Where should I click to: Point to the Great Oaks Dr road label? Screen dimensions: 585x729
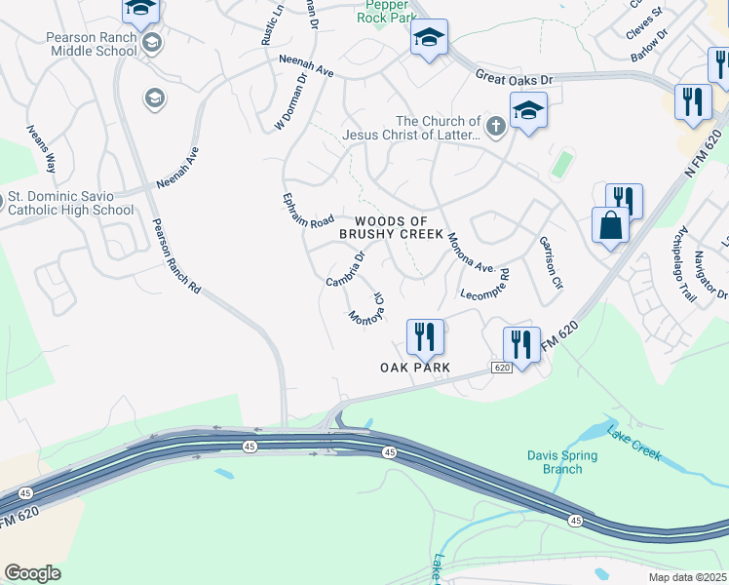point(514,76)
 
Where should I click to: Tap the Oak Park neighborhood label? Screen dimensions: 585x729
point(414,367)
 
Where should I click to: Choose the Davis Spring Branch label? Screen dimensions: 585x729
point(555,462)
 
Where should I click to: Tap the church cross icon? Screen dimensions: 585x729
point(495,125)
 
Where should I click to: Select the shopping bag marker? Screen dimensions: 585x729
point(610,225)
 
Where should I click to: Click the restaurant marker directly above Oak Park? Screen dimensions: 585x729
point(425,338)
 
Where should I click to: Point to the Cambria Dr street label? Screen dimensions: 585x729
point(345,270)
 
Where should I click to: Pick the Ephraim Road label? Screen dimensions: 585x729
point(308,209)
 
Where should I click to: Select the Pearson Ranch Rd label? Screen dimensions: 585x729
point(176,256)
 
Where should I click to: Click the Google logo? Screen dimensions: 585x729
point(32,573)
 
